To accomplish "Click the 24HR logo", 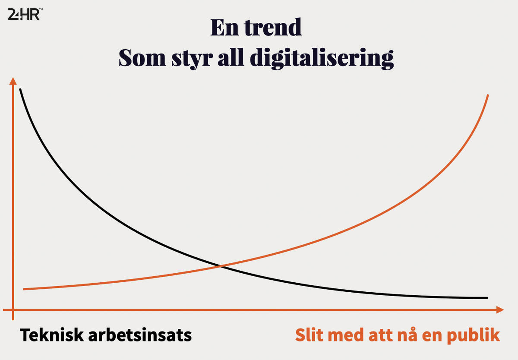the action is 25,14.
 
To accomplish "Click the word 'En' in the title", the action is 224,27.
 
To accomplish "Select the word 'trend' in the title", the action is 273,27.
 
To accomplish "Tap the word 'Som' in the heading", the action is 142,57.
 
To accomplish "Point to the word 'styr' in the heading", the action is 192,59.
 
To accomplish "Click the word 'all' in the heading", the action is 231,57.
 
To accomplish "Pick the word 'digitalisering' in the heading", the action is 322,59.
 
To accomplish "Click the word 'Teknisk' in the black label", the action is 51,335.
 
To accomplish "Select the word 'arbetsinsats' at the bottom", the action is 140,335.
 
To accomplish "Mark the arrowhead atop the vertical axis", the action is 13,81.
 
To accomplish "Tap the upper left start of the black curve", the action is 20,89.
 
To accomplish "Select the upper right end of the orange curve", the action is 488,95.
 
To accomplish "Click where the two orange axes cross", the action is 13,309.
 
